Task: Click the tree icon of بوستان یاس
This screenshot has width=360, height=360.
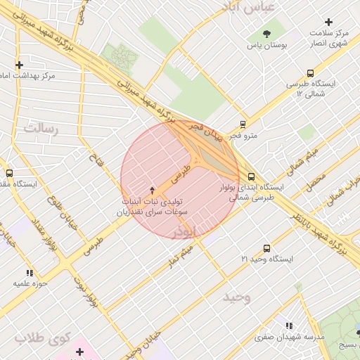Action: (x=266, y=33)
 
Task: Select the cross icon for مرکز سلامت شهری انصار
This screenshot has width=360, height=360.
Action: (x=328, y=22)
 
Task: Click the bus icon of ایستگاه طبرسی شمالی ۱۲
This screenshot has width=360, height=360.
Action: (x=310, y=72)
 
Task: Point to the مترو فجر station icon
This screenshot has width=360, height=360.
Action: (x=243, y=124)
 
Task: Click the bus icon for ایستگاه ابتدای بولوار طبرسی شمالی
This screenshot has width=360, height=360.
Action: (x=251, y=176)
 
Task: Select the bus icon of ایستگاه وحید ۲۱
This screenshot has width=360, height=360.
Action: (x=266, y=248)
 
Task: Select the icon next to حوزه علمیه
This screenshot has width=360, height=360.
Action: (x=30, y=272)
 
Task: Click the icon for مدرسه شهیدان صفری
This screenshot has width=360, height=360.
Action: (x=288, y=325)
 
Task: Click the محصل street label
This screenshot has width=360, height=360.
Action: (x=315, y=182)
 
